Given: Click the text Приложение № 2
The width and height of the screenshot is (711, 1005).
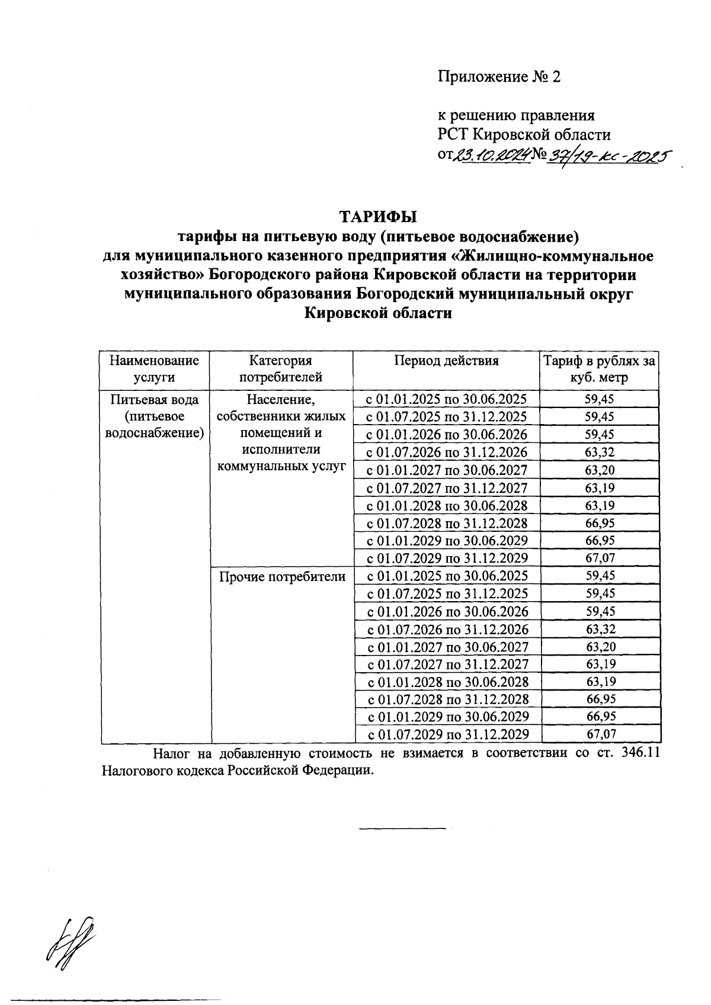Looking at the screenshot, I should pos(498,77).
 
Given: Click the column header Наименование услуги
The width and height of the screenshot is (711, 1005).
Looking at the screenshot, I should pos(155,369).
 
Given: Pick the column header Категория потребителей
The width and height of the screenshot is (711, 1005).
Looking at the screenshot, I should pos(281,369).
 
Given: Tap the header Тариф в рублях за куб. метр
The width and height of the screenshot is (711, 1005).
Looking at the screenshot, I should pos(600,369).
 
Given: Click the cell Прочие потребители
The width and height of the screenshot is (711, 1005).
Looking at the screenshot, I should pos(282,576).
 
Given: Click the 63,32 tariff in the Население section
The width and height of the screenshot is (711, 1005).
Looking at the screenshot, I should pos(600,452).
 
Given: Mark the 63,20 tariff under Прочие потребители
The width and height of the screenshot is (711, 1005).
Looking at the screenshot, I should pos(600,647).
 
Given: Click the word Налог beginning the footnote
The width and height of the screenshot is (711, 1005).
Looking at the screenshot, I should pos(172,754).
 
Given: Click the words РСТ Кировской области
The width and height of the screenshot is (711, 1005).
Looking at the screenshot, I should pos(524,134).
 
